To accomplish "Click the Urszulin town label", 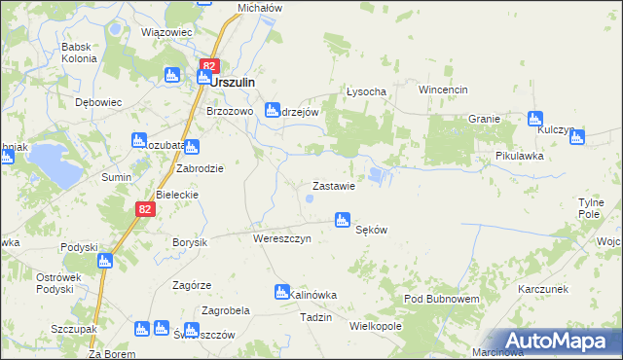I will [x=233, y=83].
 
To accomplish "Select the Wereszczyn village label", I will [x=281, y=238].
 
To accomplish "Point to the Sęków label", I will [x=372, y=230].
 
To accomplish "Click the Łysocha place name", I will [x=367, y=91].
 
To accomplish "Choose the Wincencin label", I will [x=444, y=90].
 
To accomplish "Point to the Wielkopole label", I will [x=375, y=326].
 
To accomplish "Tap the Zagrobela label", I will [x=226, y=310].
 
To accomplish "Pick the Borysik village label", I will [x=190, y=241].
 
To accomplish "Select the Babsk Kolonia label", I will [x=79, y=52].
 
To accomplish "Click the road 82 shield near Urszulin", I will [x=207, y=66].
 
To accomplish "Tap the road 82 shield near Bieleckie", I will [x=144, y=208].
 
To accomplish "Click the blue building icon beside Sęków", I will [x=342, y=221].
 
